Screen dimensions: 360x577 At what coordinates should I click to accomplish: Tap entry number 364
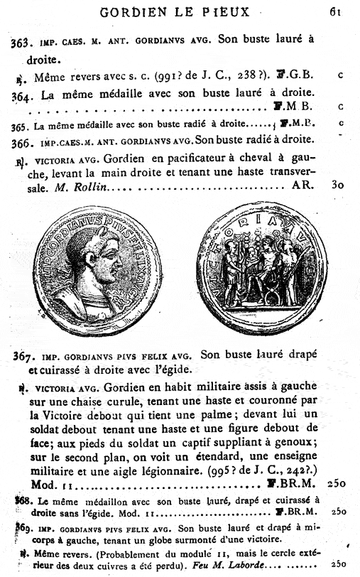[x=23, y=95]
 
